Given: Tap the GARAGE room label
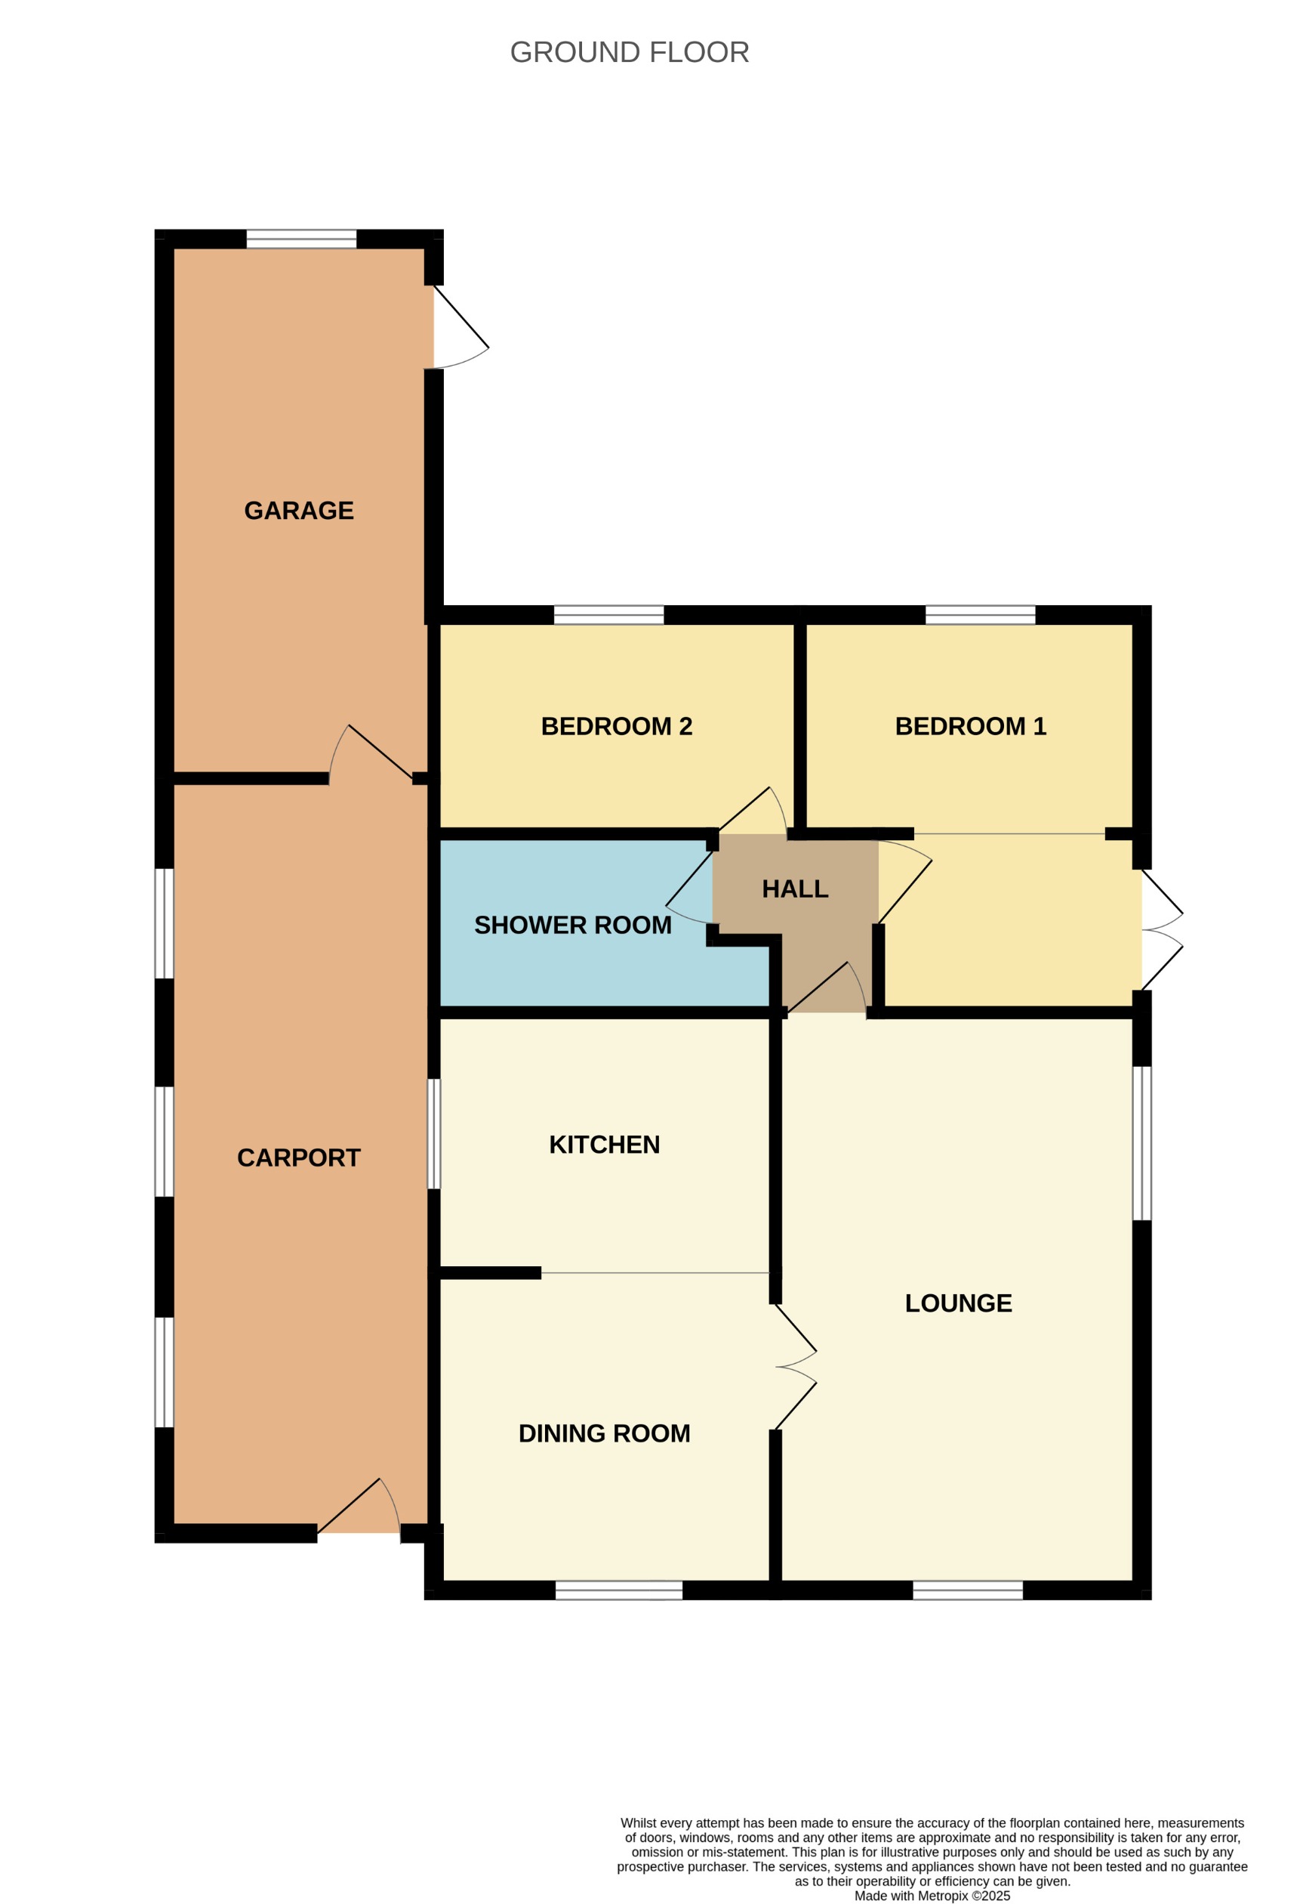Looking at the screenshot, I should [x=299, y=511].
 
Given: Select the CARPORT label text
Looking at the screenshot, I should [x=299, y=1158].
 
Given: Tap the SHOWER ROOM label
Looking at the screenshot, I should [x=572, y=925].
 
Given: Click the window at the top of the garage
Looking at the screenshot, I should [x=301, y=240].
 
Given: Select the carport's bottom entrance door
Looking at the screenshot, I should [x=360, y=1512].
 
